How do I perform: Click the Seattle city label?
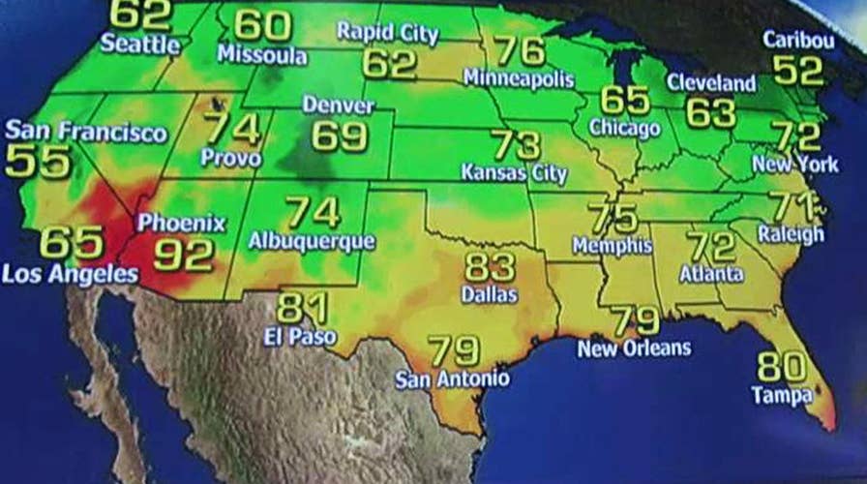(140, 45)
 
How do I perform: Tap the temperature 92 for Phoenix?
(184, 255)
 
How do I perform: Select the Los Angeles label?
(70, 274)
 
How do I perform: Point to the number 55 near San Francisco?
(38, 162)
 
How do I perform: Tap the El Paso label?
(300, 337)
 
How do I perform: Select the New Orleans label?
(635, 348)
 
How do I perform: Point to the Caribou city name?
(798, 40)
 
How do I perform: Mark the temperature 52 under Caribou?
(798, 70)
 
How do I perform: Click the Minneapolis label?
(519, 77)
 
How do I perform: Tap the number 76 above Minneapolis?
(520, 49)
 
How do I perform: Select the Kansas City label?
(514, 175)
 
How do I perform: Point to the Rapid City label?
(387, 32)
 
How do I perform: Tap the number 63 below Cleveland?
(711, 112)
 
